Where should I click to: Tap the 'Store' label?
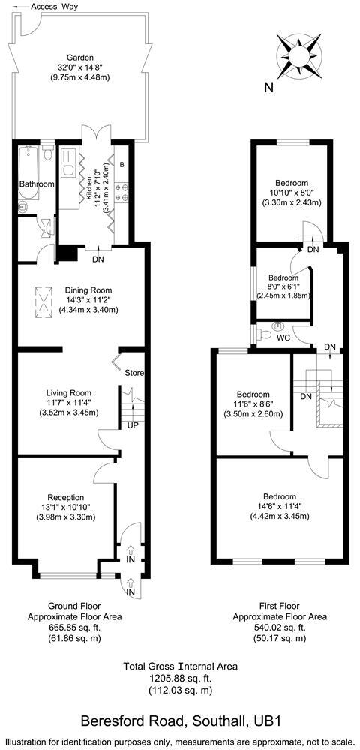click(x=134, y=373)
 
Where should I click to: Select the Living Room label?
click(x=68, y=391)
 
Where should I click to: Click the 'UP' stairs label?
click(x=133, y=425)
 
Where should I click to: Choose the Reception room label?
click(x=66, y=497)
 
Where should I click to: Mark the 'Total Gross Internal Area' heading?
click(x=181, y=665)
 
